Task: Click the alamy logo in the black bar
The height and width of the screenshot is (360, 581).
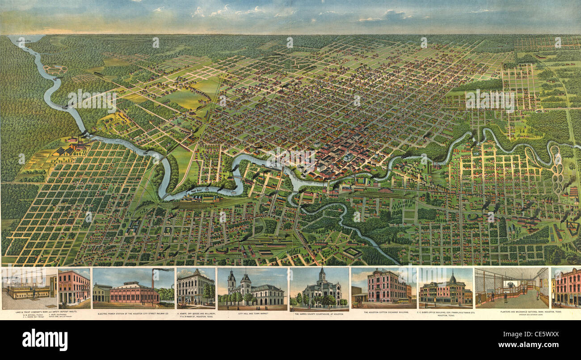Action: (x=45, y=339)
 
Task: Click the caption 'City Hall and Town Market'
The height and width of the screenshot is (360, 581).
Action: (x=252, y=314)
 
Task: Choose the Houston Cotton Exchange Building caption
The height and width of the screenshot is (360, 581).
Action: (x=383, y=312)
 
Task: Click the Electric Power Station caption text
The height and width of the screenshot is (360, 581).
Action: (x=133, y=314)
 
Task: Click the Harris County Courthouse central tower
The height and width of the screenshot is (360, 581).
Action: (x=321, y=275)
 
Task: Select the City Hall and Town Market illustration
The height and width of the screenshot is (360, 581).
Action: (x=253, y=289)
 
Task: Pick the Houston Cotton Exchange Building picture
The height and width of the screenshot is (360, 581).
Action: (x=383, y=288)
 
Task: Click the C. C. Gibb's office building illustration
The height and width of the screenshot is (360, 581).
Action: (x=445, y=288)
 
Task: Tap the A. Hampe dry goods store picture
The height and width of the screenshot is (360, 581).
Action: (x=195, y=288)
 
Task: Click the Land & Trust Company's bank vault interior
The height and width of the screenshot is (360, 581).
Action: (x=29, y=288)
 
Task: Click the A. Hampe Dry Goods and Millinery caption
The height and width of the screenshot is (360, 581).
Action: (x=196, y=315)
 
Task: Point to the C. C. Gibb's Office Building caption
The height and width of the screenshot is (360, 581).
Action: (x=445, y=313)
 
